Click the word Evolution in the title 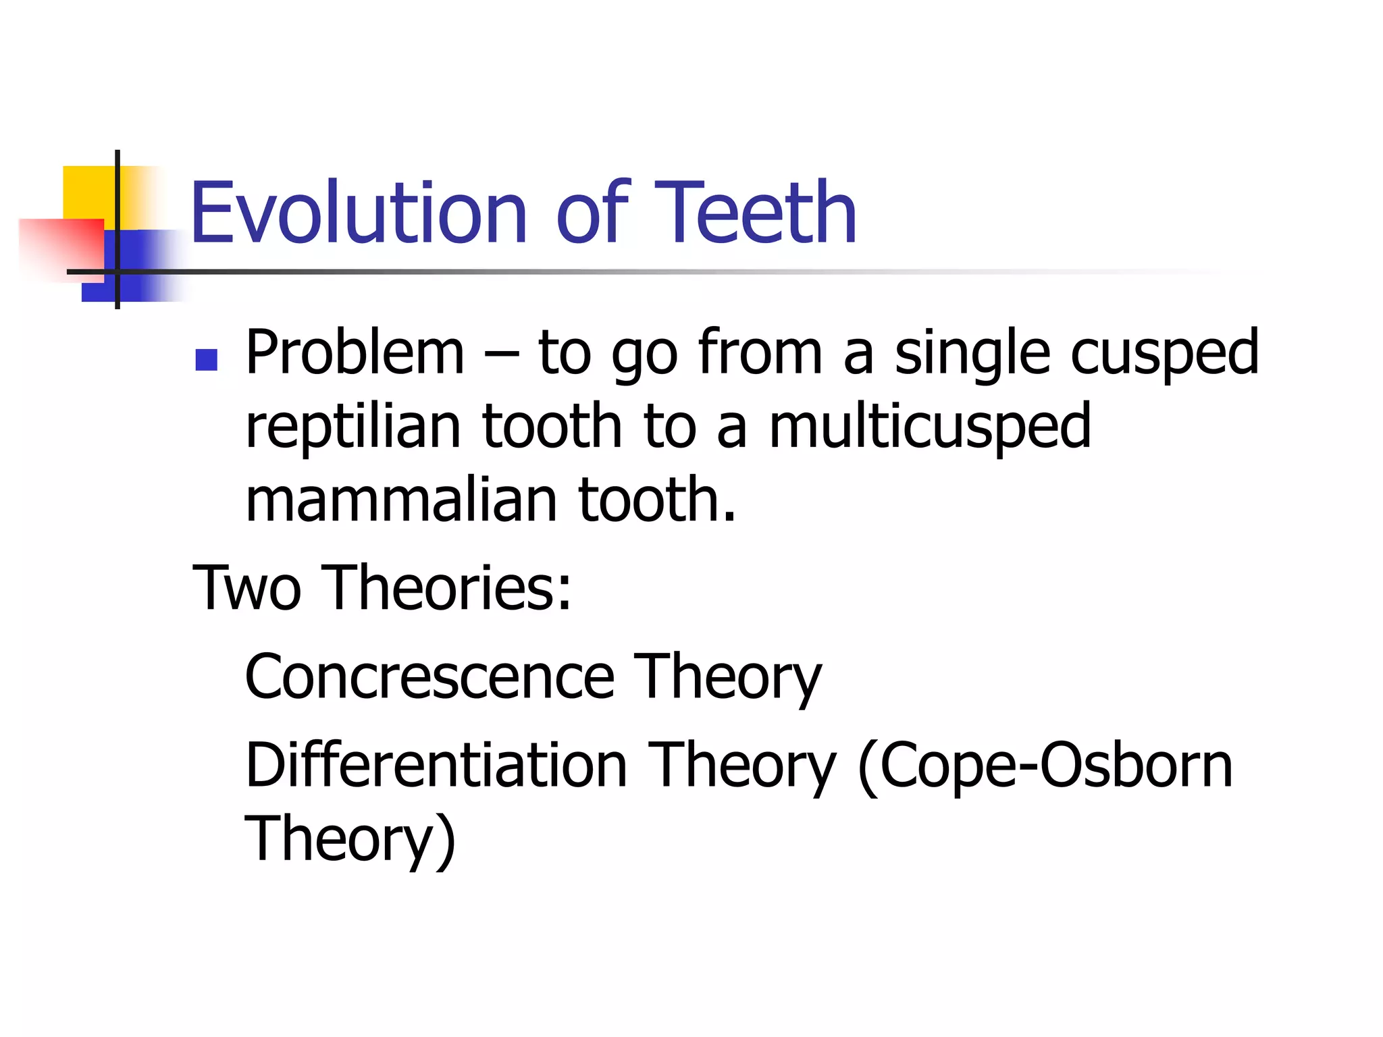[x=358, y=213]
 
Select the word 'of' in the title [x=592, y=213]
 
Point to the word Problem [x=355, y=352]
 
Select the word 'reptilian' [x=353, y=427]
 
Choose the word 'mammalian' [x=401, y=500]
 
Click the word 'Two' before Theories [x=246, y=588]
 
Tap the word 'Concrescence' [x=429, y=676]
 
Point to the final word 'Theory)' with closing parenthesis [x=350, y=840]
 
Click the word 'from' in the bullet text [x=760, y=352]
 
